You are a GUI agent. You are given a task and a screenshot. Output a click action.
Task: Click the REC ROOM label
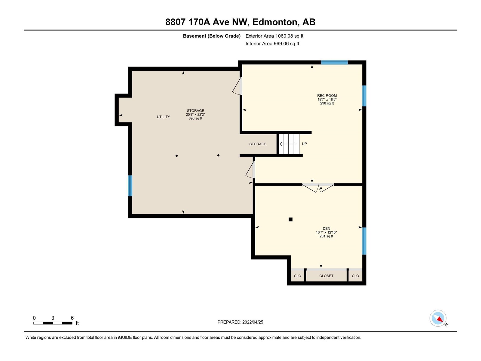(x=327, y=96)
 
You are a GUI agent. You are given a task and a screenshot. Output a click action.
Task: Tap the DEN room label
(x=326, y=228)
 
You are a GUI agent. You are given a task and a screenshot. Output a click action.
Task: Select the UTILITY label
(x=163, y=117)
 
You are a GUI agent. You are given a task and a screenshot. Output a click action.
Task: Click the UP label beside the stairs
(x=304, y=144)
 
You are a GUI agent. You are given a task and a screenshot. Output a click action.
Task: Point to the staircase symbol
(x=289, y=144)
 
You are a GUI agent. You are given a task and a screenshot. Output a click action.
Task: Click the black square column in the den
(x=291, y=219)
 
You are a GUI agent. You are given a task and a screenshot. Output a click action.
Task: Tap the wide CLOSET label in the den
(x=326, y=276)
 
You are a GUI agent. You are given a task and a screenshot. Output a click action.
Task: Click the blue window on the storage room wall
(x=130, y=186)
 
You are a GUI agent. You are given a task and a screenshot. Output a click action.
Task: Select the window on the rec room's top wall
(x=334, y=63)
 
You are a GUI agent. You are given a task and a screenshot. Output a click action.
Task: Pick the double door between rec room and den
(x=318, y=188)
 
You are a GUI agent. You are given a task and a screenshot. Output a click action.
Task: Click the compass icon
(x=438, y=318)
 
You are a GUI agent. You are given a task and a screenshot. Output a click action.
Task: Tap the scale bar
(x=53, y=323)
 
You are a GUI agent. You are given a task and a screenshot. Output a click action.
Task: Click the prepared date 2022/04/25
(x=253, y=322)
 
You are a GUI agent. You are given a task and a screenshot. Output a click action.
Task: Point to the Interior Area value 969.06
(x=281, y=44)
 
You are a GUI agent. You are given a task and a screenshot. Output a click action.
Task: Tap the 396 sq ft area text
(x=195, y=118)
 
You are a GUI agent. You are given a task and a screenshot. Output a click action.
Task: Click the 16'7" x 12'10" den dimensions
(x=326, y=232)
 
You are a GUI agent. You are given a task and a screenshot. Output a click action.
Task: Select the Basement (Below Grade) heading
(x=212, y=36)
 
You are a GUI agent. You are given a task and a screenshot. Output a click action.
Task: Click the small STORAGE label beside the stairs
(x=258, y=144)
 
